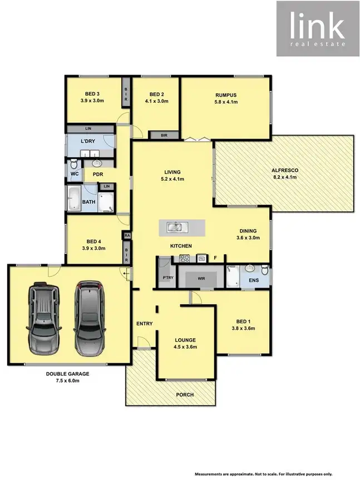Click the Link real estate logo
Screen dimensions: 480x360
coord(318,28)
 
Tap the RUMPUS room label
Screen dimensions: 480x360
coord(226,95)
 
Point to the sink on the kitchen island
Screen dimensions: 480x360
coord(176,226)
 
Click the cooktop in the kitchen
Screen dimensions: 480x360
coord(185,259)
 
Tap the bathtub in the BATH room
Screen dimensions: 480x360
coord(74,198)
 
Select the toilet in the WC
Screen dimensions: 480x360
coord(72,165)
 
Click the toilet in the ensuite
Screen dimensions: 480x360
coord(265,271)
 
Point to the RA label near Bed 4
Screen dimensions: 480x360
coord(127,236)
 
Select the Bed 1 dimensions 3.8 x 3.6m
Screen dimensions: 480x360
coord(243,328)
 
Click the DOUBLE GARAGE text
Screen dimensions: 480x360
coord(67,374)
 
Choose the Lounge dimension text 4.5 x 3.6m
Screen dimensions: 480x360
coord(185,347)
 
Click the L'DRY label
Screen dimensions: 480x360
coord(87,141)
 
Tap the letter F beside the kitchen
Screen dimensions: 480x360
coord(215,258)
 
